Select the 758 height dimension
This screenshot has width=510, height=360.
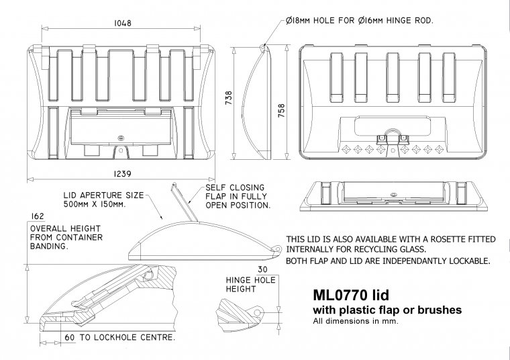[x=282, y=107]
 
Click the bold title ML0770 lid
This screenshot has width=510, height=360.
[x=350, y=296]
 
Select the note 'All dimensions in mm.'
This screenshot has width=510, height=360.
[x=356, y=321]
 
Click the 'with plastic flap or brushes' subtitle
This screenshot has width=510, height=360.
[x=387, y=310]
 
